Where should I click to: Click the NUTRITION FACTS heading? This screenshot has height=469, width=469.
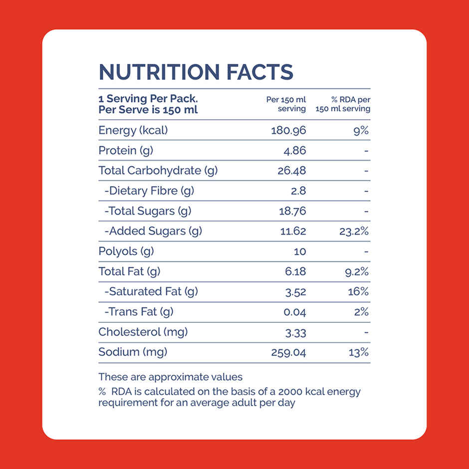pyautogui.click(x=196, y=72)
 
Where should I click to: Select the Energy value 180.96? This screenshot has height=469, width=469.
pyautogui.click(x=288, y=131)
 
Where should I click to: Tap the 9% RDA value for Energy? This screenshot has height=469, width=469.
pyautogui.click(x=361, y=131)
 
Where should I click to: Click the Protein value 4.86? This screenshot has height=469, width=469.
pyautogui.click(x=294, y=151)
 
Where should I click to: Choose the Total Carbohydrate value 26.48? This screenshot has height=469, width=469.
pyautogui.click(x=292, y=171)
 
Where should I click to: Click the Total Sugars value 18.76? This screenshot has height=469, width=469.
pyautogui.click(x=292, y=211)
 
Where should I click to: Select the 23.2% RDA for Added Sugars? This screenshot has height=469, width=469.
pyautogui.click(x=354, y=231)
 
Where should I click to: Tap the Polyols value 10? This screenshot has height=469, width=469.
pyautogui.click(x=300, y=251)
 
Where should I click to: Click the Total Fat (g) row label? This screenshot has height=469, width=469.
pyautogui.click(x=129, y=271)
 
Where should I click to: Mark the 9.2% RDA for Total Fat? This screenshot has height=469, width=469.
pyautogui.click(x=357, y=271)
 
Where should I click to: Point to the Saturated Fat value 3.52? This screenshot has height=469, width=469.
pyautogui.click(x=296, y=292)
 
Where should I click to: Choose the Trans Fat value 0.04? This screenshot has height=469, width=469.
pyautogui.click(x=295, y=312)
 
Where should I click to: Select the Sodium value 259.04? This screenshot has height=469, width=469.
pyautogui.click(x=288, y=352)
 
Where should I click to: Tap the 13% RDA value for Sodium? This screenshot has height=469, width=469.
pyautogui.click(x=359, y=352)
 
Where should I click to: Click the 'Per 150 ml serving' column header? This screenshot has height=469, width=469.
pyautogui.click(x=286, y=104)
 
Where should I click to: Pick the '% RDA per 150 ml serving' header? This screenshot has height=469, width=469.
pyautogui.click(x=343, y=104)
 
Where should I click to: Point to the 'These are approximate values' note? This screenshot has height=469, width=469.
pyautogui.click(x=170, y=377)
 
